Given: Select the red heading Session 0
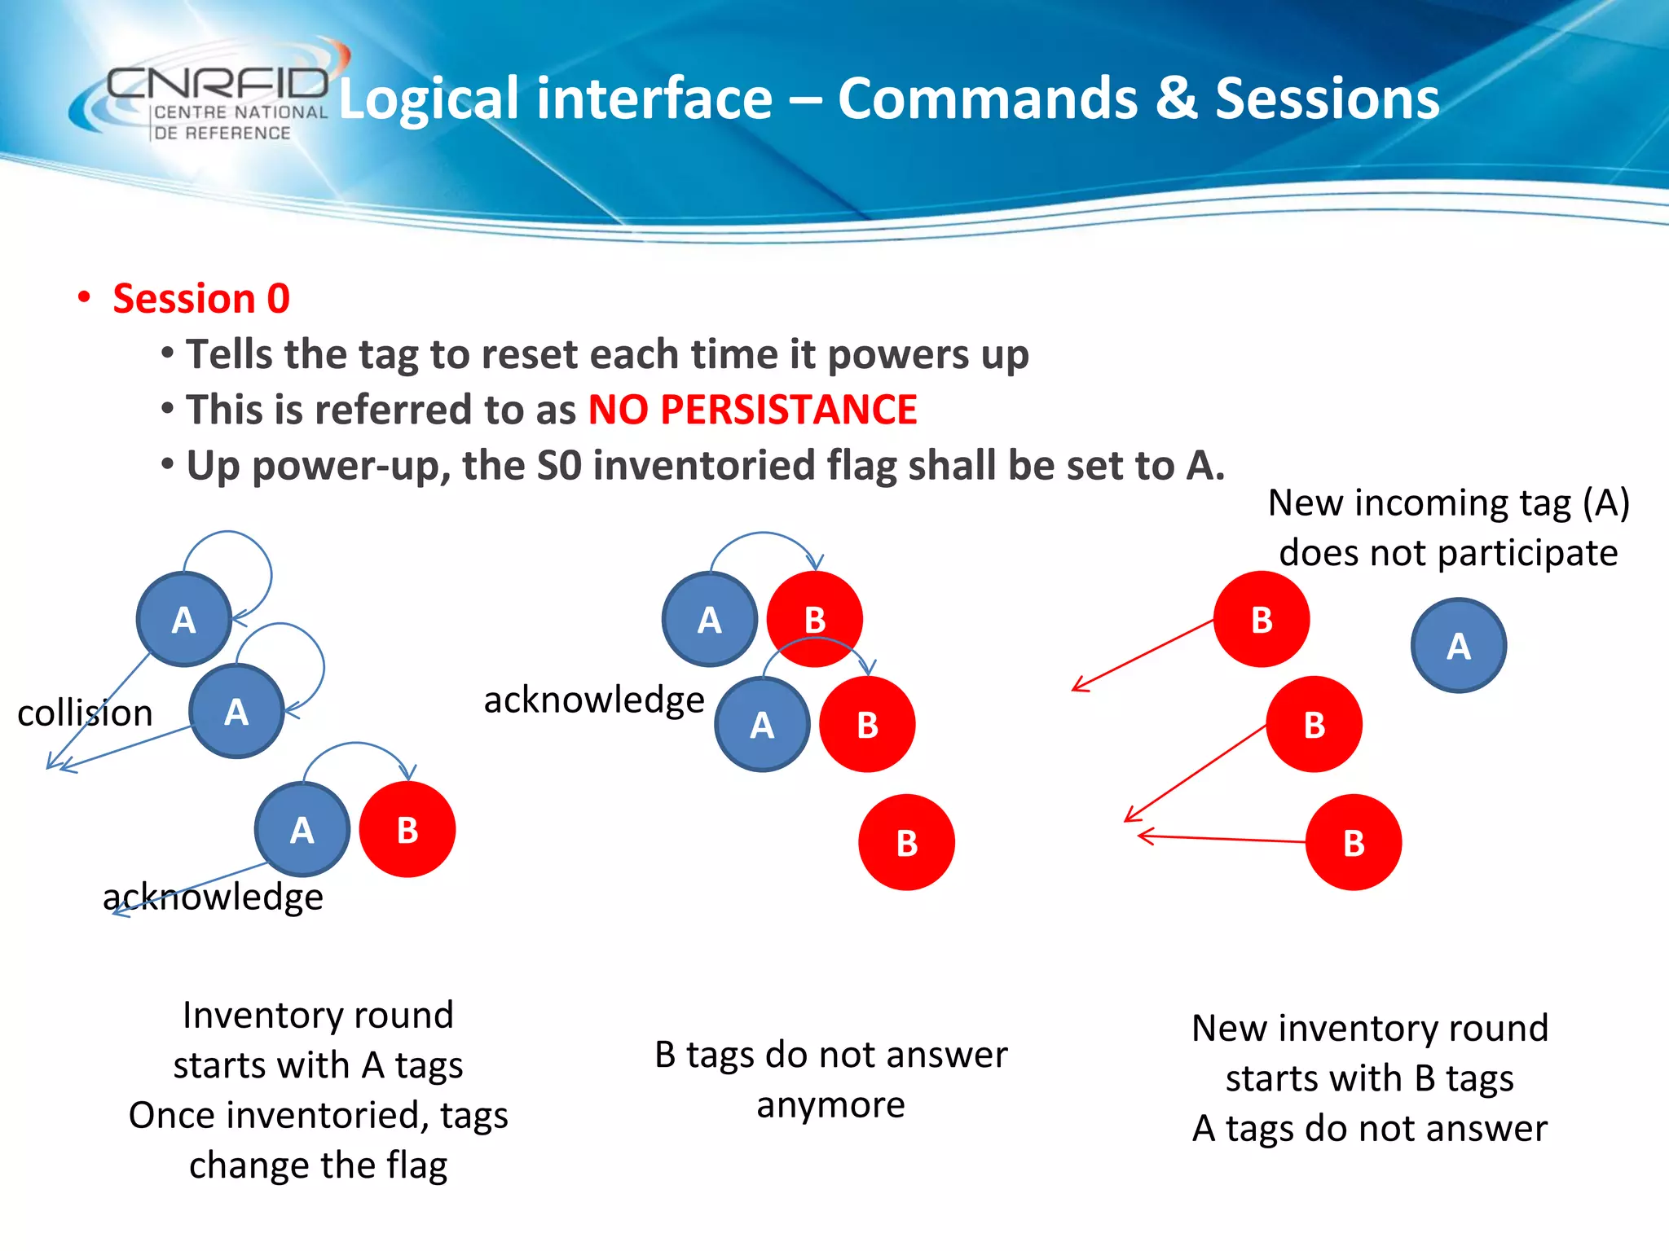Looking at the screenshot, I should point(200,298).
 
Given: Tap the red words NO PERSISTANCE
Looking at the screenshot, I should point(752,410).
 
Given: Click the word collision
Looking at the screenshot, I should point(85,713).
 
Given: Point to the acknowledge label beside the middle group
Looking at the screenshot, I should point(593,700).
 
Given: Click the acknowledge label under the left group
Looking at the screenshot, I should point(214,898).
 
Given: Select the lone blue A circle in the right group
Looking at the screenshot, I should point(1458,646).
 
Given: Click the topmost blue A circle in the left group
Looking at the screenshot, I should point(184,620).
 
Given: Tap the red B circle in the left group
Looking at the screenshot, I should point(407,830).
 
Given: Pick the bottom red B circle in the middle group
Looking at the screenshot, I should point(906,843).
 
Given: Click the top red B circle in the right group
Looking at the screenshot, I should point(1262,620).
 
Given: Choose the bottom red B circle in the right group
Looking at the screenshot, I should point(1354,843).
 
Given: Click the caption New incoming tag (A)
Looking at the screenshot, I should point(1448,503).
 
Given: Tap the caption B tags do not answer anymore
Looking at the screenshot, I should point(830,1079).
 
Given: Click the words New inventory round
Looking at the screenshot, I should point(1369,1029).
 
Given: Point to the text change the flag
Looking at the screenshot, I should point(318,1165).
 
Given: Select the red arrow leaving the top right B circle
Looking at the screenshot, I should point(1141,656).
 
